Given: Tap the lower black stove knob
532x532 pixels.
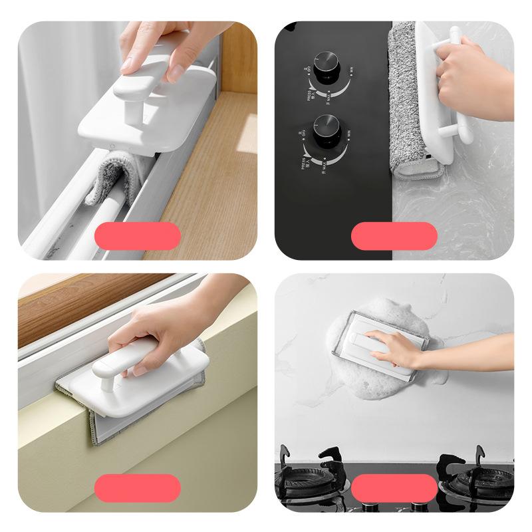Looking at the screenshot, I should tap(327, 127).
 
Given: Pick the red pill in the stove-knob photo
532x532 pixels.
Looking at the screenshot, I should tap(394, 236).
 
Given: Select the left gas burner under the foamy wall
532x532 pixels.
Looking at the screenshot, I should tap(309, 476).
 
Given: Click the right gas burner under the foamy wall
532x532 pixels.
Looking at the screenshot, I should tap(475, 476).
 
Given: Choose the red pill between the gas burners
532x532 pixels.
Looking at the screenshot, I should tap(394, 487).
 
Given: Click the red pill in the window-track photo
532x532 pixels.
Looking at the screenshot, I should tap(138, 236).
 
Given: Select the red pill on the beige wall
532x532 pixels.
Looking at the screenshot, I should tap(138, 487).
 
